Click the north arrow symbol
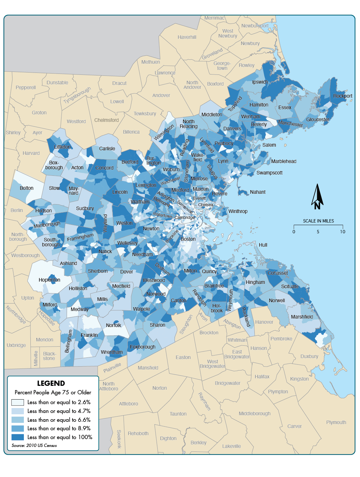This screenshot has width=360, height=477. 317,197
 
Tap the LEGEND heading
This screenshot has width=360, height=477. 51,383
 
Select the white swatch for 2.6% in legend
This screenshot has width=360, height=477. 18,402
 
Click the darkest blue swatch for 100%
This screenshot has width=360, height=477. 18,437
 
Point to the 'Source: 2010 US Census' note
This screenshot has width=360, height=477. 34,445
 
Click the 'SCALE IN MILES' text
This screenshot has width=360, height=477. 318,221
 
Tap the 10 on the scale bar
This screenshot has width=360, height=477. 342,232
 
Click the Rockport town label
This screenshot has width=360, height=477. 343,96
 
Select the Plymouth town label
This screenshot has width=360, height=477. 336,422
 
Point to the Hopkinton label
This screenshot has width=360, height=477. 49,280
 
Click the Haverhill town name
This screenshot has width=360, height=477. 187,37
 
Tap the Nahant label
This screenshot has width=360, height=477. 258,192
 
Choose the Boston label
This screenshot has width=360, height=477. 188,239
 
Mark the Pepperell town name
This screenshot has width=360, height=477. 26,88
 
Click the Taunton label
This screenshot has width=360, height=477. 178,414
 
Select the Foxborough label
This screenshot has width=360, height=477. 143,347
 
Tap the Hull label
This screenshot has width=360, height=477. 263,245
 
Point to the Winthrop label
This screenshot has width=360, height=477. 238,211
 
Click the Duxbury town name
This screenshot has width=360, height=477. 309,356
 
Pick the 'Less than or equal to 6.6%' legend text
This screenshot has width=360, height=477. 59,420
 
